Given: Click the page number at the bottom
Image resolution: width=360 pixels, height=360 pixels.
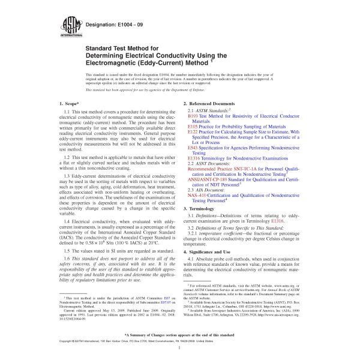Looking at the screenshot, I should tap(180, 347).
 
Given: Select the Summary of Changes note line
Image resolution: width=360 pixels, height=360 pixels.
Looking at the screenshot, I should tap(180, 334).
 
